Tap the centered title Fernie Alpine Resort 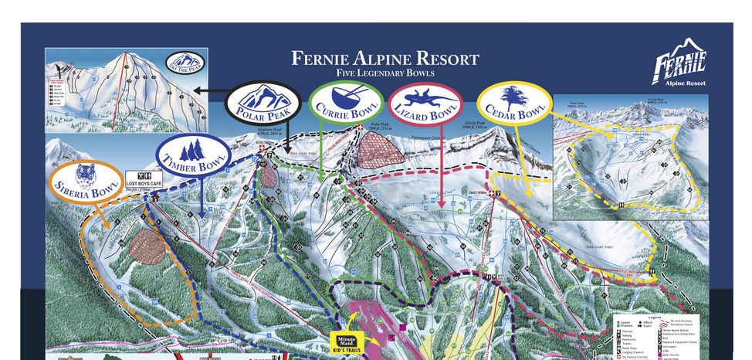click(384, 59)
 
